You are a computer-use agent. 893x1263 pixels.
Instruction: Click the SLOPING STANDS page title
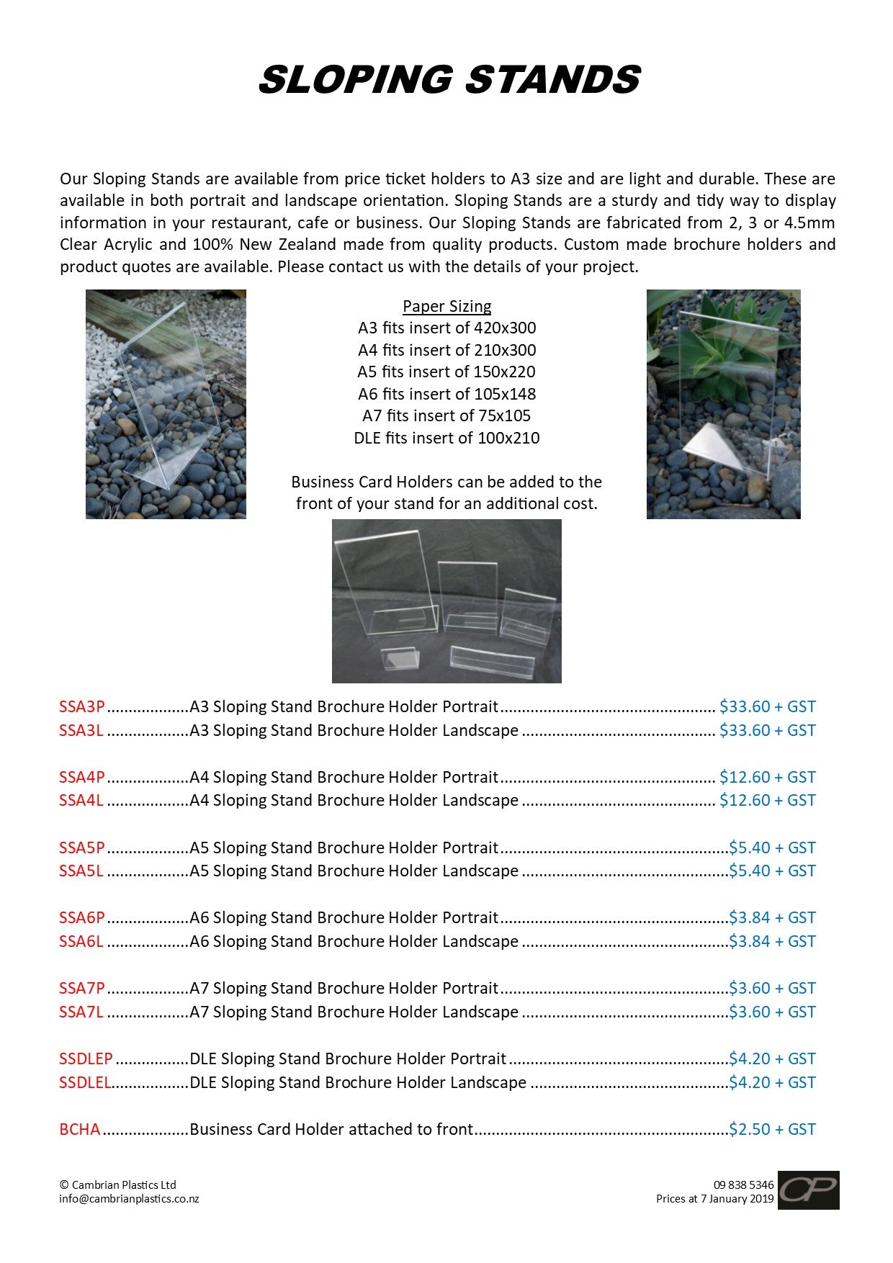pyautogui.click(x=449, y=79)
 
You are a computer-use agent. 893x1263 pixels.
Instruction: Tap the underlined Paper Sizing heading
pyautogui.click(x=447, y=306)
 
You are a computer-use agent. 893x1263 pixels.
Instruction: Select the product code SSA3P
pyautogui.click(x=82, y=706)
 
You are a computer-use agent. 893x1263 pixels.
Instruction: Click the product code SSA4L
pyautogui.click(x=81, y=800)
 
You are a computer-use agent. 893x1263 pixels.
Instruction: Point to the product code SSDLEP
pyautogui.click(x=86, y=1059)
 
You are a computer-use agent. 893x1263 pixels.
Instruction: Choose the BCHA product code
pyautogui.click(x=80, y=1129)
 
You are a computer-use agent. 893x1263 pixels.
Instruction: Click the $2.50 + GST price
pyautogui.click(x=772, y=1129)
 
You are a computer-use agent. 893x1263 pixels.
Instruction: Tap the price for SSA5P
pyautogui.click(x=772, y=848)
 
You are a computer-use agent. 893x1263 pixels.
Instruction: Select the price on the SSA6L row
pyautogui.click(x=772, y=941)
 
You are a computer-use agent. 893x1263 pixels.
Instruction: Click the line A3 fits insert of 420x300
pyautogui.click(x=447, y=328)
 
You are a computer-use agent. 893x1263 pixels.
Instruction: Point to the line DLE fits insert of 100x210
pyautogui.click(x=447, y=438)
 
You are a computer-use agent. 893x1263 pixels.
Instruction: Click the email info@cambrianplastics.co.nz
pyautogui.click(x=129, y=1199)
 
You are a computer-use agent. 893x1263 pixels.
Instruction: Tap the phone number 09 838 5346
pyautogui.click(x=743, y=1185)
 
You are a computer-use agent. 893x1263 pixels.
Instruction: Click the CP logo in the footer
pyautogui.click(x=808, y=1190)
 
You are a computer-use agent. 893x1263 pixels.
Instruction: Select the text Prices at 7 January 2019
pyautogui.click(x=714, y=1199)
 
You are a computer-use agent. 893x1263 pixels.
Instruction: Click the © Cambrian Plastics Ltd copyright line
pyautogui.click(x=117, y=1185)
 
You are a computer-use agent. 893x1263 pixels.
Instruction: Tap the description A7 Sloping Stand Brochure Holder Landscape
pyautogui.click(x=354, y=1012)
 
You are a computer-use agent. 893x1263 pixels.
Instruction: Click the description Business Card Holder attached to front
pyautogui.click(x=331, y=1129)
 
